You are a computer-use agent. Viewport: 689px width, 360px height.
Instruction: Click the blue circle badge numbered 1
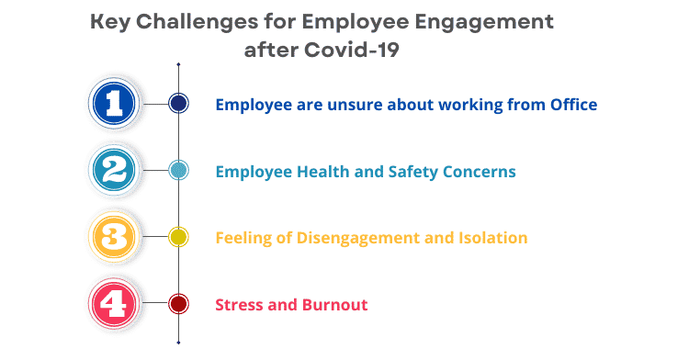(x=114, y=103)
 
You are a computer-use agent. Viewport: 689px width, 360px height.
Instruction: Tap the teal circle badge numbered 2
(x=114, y=170)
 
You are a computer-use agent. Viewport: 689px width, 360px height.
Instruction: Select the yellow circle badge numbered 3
(x=114, y=237)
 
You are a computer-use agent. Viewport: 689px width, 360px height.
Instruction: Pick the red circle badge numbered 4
(x=114, y=304)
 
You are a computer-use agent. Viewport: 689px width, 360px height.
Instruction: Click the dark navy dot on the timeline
(x=178, y=104)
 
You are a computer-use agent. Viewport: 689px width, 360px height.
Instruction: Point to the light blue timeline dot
(x=178, y=170)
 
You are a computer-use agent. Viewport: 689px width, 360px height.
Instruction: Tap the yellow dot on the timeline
(x=178, y=237)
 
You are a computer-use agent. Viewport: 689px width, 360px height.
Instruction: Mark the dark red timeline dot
(x=178, y=304)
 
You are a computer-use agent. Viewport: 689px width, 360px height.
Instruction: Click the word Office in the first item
(x=571, y=105)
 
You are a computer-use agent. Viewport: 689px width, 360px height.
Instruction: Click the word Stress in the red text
(x=239, y=305)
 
